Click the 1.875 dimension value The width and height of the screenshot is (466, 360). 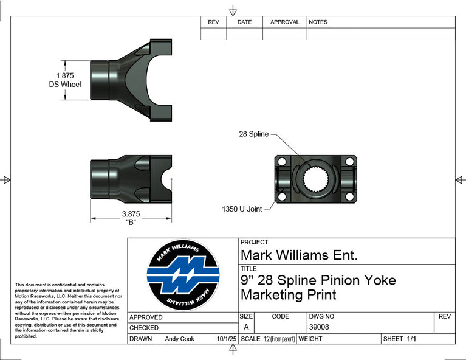64,75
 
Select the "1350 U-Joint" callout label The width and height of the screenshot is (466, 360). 242,209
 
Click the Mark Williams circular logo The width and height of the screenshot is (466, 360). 183,275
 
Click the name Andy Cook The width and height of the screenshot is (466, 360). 179,339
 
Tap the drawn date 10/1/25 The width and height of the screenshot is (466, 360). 227,339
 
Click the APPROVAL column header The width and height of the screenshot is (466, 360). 284,22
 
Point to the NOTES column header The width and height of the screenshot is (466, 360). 318,22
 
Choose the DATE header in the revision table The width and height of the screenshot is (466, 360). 244,22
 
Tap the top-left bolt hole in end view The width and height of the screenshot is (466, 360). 281,161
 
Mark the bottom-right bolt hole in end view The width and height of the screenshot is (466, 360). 349,196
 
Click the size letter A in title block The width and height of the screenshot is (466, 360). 246,327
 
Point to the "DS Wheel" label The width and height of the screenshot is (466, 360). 65,85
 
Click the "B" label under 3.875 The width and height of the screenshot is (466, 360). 130,222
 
